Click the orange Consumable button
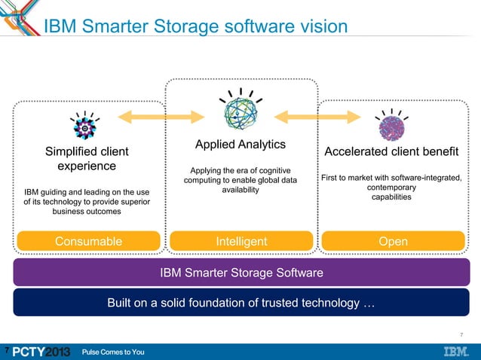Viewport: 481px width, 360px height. point(88,242)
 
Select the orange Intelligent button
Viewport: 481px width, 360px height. point(241,242)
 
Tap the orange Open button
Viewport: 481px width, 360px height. point(394,242)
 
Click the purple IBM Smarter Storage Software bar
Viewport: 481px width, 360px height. point(241,272)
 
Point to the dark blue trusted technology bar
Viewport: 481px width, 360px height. point(241,303)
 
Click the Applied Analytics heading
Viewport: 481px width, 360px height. point(240,145)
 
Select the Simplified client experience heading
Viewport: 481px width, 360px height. point(87,159)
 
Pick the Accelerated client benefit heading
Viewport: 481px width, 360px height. point(391,151)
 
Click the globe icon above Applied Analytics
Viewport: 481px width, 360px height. point(240,113)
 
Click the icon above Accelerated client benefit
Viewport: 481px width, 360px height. point(391,126)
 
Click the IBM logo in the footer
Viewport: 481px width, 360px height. point(455,352)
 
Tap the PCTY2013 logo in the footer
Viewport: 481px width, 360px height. point(41,352)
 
